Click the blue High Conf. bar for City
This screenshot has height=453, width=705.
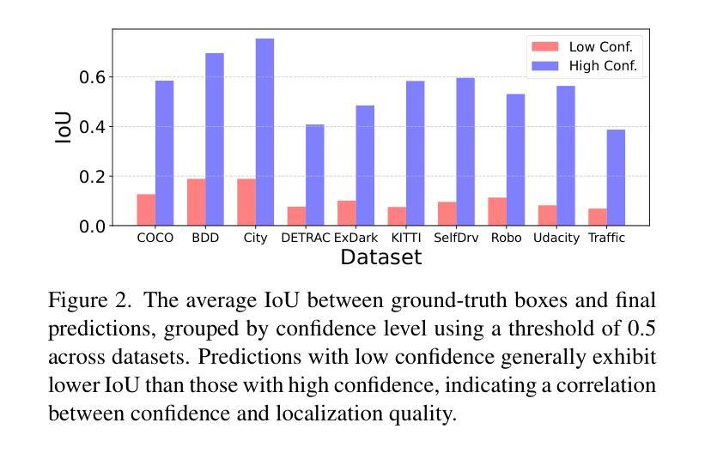(264, 132)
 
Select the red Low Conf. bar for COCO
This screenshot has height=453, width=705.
(146, 210)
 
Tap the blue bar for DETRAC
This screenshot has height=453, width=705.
(315, 175)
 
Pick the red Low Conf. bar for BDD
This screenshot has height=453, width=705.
(196, 202)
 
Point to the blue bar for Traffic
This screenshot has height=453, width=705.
(616, 178)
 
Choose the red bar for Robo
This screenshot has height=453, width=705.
(497, 212)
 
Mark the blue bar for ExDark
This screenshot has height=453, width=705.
(365, 166)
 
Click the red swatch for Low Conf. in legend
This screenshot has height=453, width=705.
(544, 46)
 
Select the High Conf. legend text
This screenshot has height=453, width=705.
(603, 65)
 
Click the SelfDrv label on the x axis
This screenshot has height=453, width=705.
(456, 238)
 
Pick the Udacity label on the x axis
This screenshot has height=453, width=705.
(556, 238)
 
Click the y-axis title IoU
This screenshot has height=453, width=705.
(63, 127)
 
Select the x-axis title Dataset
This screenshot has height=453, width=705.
(380, 257)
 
